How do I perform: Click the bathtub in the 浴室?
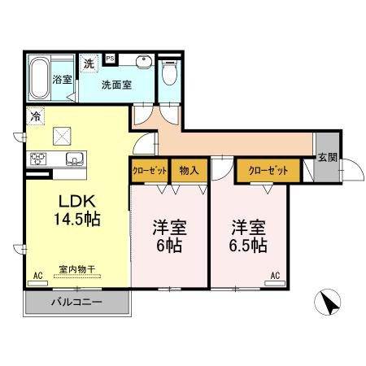click(39, 78)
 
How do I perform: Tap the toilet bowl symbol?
click(169, 72)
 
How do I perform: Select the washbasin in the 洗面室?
click(144, 63)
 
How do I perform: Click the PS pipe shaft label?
click(110, 59)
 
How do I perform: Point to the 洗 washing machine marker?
click(89, 63)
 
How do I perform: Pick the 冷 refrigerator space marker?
click(35, 116)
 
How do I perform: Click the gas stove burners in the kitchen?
click(38, 159)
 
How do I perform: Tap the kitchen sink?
click(74, 159)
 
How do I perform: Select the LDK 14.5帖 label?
click(77, 210)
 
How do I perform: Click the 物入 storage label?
click(189, 171)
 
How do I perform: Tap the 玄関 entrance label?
click(328, 157)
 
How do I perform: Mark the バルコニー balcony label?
click(76, 302)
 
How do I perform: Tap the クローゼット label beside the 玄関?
click(268, 171)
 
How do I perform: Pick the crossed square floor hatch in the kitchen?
click(62, 136)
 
